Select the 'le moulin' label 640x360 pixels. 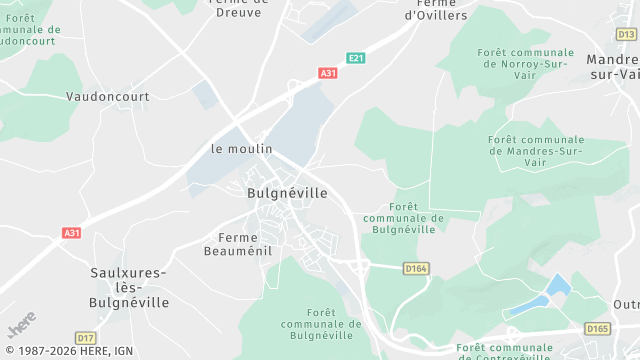[x=241, y=148]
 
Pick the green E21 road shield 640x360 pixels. [x=355, y=59]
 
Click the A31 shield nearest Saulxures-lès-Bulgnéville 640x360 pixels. [x=71, y=233]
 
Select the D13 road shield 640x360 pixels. [x=626, y=34]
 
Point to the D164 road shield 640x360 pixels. [x=416, y=268]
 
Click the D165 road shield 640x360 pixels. [x=598, y=328]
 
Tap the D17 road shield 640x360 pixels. [x=86, y=338]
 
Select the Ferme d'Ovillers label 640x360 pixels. [x=436, y=10]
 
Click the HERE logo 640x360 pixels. [x=21, y=326]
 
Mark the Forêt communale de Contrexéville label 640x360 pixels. [x=503, y=351]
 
